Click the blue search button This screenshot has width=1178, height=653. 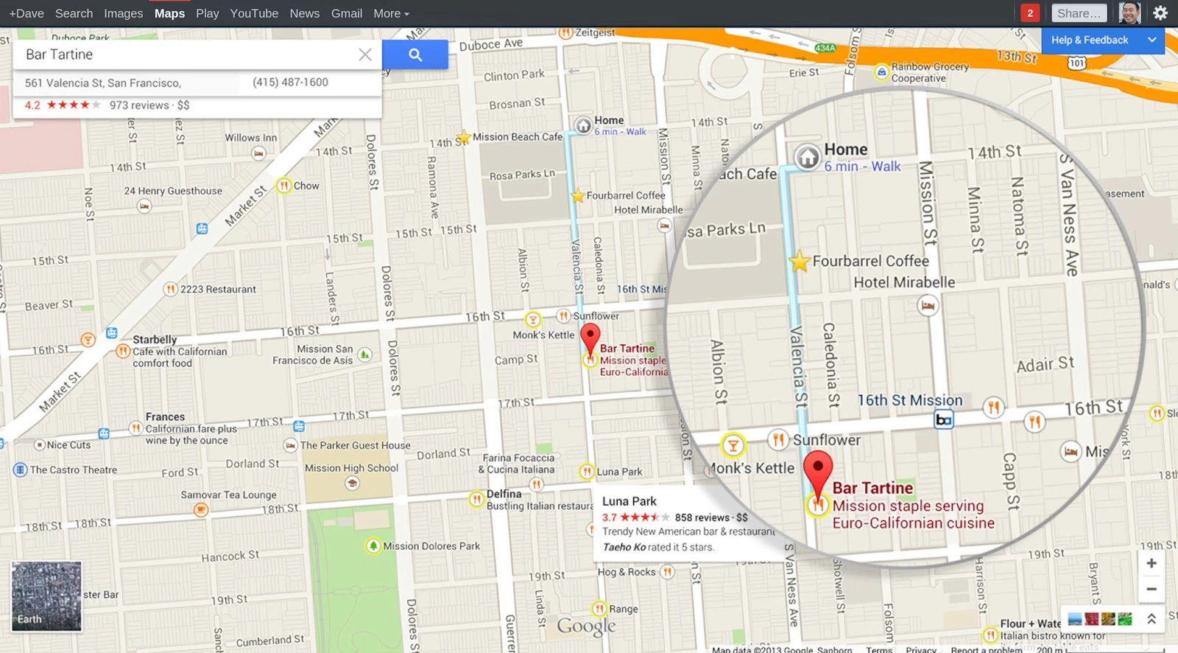point(415,55)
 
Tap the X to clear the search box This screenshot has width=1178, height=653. point(365,55)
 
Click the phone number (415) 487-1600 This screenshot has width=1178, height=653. point(290,83)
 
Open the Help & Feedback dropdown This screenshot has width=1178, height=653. point(1102,41)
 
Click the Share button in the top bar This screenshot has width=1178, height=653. point(1079,13)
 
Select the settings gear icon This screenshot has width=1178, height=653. point(1160,13)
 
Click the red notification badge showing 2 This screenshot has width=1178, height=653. point(1030,13)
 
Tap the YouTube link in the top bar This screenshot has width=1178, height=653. point(254,13)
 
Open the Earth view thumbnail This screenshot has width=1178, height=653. point(46,596)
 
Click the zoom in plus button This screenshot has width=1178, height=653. point(1151,563)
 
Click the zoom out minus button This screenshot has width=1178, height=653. point(1151,589)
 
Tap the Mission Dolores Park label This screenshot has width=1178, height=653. point(431,546)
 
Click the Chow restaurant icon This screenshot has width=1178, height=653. point(283,186)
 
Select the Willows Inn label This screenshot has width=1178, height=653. point(251,138)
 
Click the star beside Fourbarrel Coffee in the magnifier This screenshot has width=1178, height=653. point(799,261)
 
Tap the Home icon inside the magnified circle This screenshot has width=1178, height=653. point(808,156)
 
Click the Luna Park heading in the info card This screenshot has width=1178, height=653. point(629,501)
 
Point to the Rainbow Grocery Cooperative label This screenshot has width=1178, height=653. point(929,72)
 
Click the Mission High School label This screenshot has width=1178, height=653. point(351,468)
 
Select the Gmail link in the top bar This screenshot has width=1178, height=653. point(346,13)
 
